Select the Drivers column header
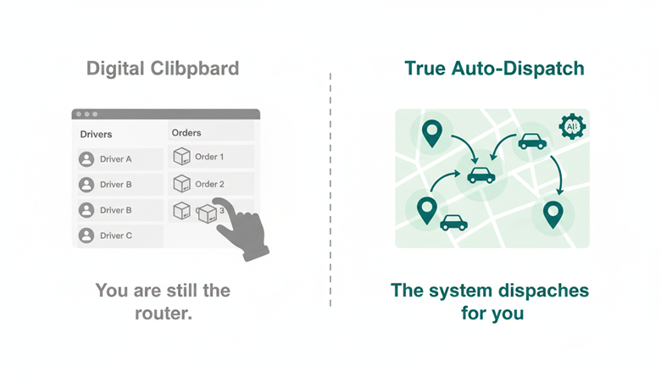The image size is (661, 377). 96,134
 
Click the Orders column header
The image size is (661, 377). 186,133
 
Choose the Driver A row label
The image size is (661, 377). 116,159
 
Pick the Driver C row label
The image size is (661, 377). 116,236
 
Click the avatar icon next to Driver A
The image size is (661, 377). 86,159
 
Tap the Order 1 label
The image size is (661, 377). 209,157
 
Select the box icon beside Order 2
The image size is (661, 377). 181,183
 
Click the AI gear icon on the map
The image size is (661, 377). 572,126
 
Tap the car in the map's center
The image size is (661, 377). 481,175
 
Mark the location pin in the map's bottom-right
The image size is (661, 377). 553,214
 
